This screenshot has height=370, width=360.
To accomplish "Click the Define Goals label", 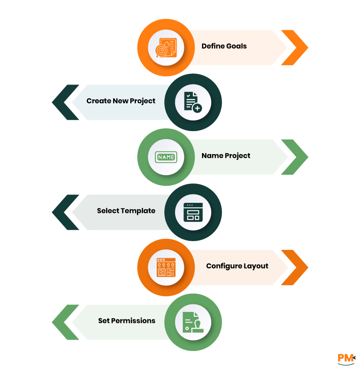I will click(x=224, y=46).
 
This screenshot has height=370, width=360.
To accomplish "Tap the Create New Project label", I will click(x=121, y=101).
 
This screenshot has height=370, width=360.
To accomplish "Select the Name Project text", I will click(x=226, y=156).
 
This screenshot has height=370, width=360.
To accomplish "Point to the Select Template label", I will click(x=126, y=211).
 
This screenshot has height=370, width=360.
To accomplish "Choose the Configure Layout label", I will click(x=237, y=266).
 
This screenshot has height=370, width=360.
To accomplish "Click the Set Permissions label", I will click(x=126, y=321).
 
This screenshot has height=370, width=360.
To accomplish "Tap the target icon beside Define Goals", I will click(x=165, y=48).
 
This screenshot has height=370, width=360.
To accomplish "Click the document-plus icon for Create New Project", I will click(x=193, y=102).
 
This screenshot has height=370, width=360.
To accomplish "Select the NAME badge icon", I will click(x=165, y=157).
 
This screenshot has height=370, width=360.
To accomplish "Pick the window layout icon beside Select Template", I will click(x=193, y=212).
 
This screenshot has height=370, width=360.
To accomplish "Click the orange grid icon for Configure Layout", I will click(x=165, y=267).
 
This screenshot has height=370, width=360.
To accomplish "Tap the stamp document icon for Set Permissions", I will click(x=193, y=322).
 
